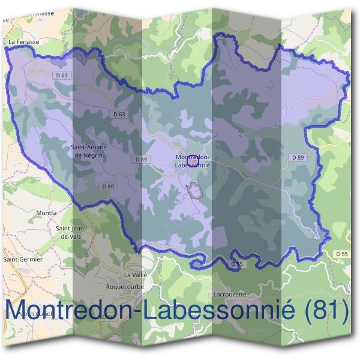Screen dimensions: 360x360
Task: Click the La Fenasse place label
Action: (x=23, y=42)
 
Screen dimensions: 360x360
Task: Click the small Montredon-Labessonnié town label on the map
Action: (x=193, y=161)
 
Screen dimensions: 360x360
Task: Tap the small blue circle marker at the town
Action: (x=193, y=161)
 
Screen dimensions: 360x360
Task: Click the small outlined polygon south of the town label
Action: (x=194, y=191)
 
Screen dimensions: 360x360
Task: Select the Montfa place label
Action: (x=47, y=212)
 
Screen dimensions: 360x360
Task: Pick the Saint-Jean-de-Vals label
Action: (x=71, y=232)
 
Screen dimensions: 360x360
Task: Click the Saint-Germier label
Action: (x=19, y=259)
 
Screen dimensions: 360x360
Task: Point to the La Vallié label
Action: (x=135, y=274)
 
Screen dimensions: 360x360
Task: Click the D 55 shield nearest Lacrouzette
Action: (x=237, y=263)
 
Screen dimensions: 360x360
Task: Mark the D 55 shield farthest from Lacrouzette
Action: (x=341, y=254)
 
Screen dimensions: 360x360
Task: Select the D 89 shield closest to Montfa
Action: (x=107, y=187)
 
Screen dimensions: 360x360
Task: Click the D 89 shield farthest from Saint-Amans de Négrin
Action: (x=296, y=157)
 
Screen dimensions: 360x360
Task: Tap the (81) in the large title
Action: (x=327, y=311)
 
